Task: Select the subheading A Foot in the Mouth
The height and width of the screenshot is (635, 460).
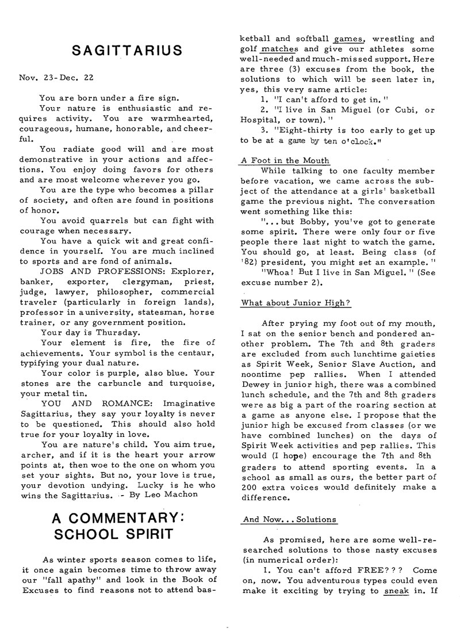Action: click(x=286, y=161)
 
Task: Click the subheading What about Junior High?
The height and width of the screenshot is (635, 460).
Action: click(x=296, y=303)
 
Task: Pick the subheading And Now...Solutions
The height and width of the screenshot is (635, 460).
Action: click(x=290, y=519)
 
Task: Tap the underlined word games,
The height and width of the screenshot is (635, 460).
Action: click(x=348, y=40)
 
